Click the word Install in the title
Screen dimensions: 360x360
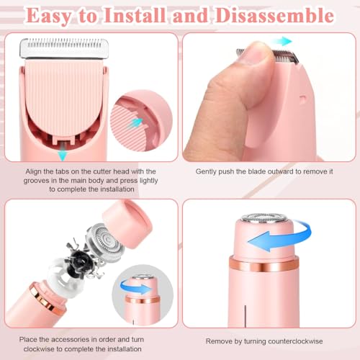(135, 15)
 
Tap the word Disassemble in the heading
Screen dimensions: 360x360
(274, 15)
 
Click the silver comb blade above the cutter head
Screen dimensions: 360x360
(64, 48)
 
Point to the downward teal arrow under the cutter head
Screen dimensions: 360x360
(63, 154)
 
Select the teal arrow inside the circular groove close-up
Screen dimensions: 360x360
(135, 123)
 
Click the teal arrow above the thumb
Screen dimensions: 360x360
(283, 41)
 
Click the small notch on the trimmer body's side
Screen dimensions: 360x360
(303, 99)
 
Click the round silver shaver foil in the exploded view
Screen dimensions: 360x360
(105, 241)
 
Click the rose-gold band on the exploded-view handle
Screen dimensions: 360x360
(46, 299)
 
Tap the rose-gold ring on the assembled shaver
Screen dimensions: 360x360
(264, 264)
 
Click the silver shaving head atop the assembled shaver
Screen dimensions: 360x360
(264, 218)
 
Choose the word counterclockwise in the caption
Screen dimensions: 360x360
(295, 341)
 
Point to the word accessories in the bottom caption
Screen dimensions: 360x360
(70, 339)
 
